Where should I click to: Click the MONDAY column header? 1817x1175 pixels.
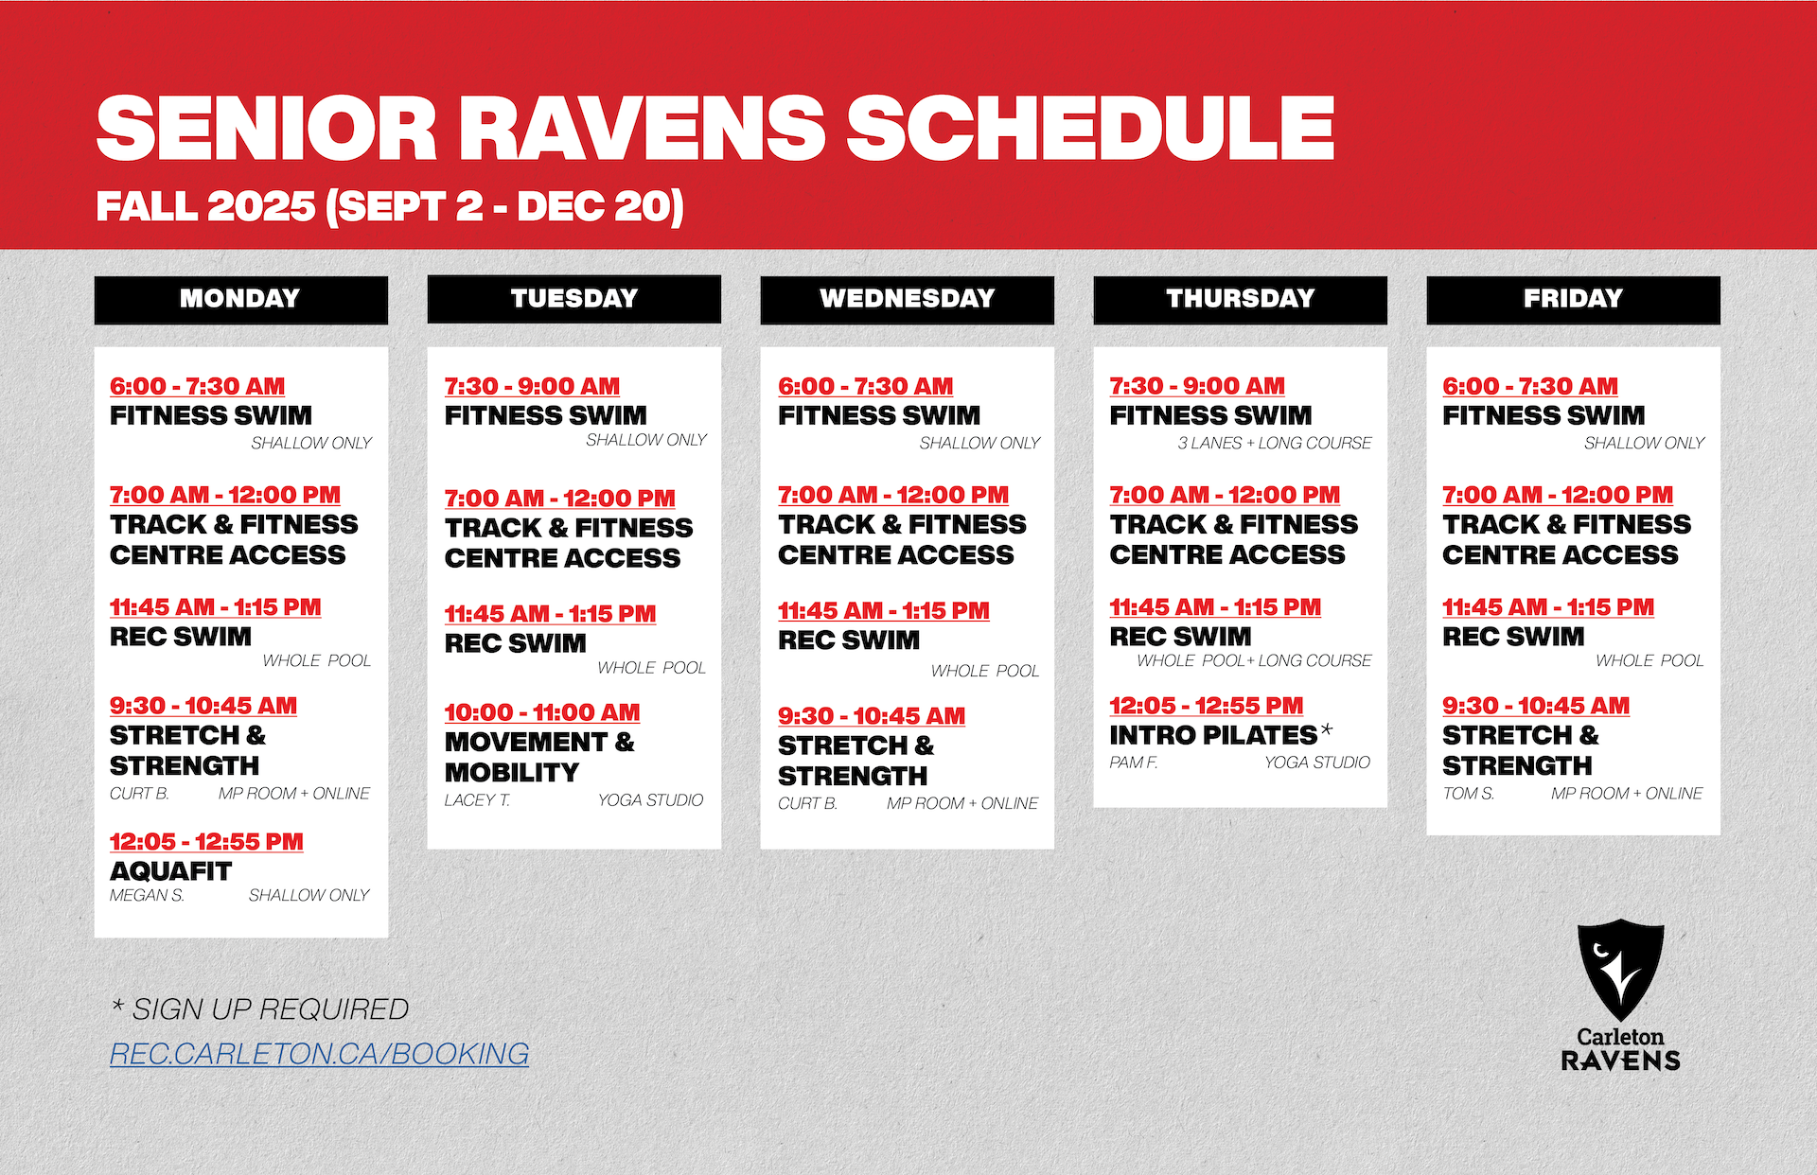(x=240, y=299)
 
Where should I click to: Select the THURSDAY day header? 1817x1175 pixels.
(x=1240, y=299)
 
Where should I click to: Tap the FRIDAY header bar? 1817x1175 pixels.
(x=1573, y=299)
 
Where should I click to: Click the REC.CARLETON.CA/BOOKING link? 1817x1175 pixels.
(x=319, y=1054)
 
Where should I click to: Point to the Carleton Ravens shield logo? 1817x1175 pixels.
(x=1620, y=970)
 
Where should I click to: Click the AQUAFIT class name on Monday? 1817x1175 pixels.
(x=170, y=870)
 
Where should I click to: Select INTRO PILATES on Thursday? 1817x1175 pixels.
(x=1213, y=734)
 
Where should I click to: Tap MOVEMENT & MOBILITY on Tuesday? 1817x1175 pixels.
(x=539, y=757)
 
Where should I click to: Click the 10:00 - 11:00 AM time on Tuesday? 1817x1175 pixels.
(x=542, y=712)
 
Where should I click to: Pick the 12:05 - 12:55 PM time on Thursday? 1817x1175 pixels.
(x=1207, y=706)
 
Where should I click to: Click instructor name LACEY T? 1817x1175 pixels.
(x=477, y=800)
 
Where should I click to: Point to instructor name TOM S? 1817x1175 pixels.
(x=1469, y=794)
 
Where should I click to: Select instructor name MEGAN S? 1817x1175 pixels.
(x=147, y=895)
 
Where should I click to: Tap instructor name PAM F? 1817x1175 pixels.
(x=1134, y=763)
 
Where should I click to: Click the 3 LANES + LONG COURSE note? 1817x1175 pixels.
(x=1275, y=443)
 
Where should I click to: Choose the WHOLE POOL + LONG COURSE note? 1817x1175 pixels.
(x=1254, y=660)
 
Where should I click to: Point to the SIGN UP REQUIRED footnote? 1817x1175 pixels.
(x=260, y=1009)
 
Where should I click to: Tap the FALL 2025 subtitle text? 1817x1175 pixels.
(x=205, y=206)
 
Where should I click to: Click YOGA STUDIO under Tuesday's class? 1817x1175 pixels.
(x=650, y=800)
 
